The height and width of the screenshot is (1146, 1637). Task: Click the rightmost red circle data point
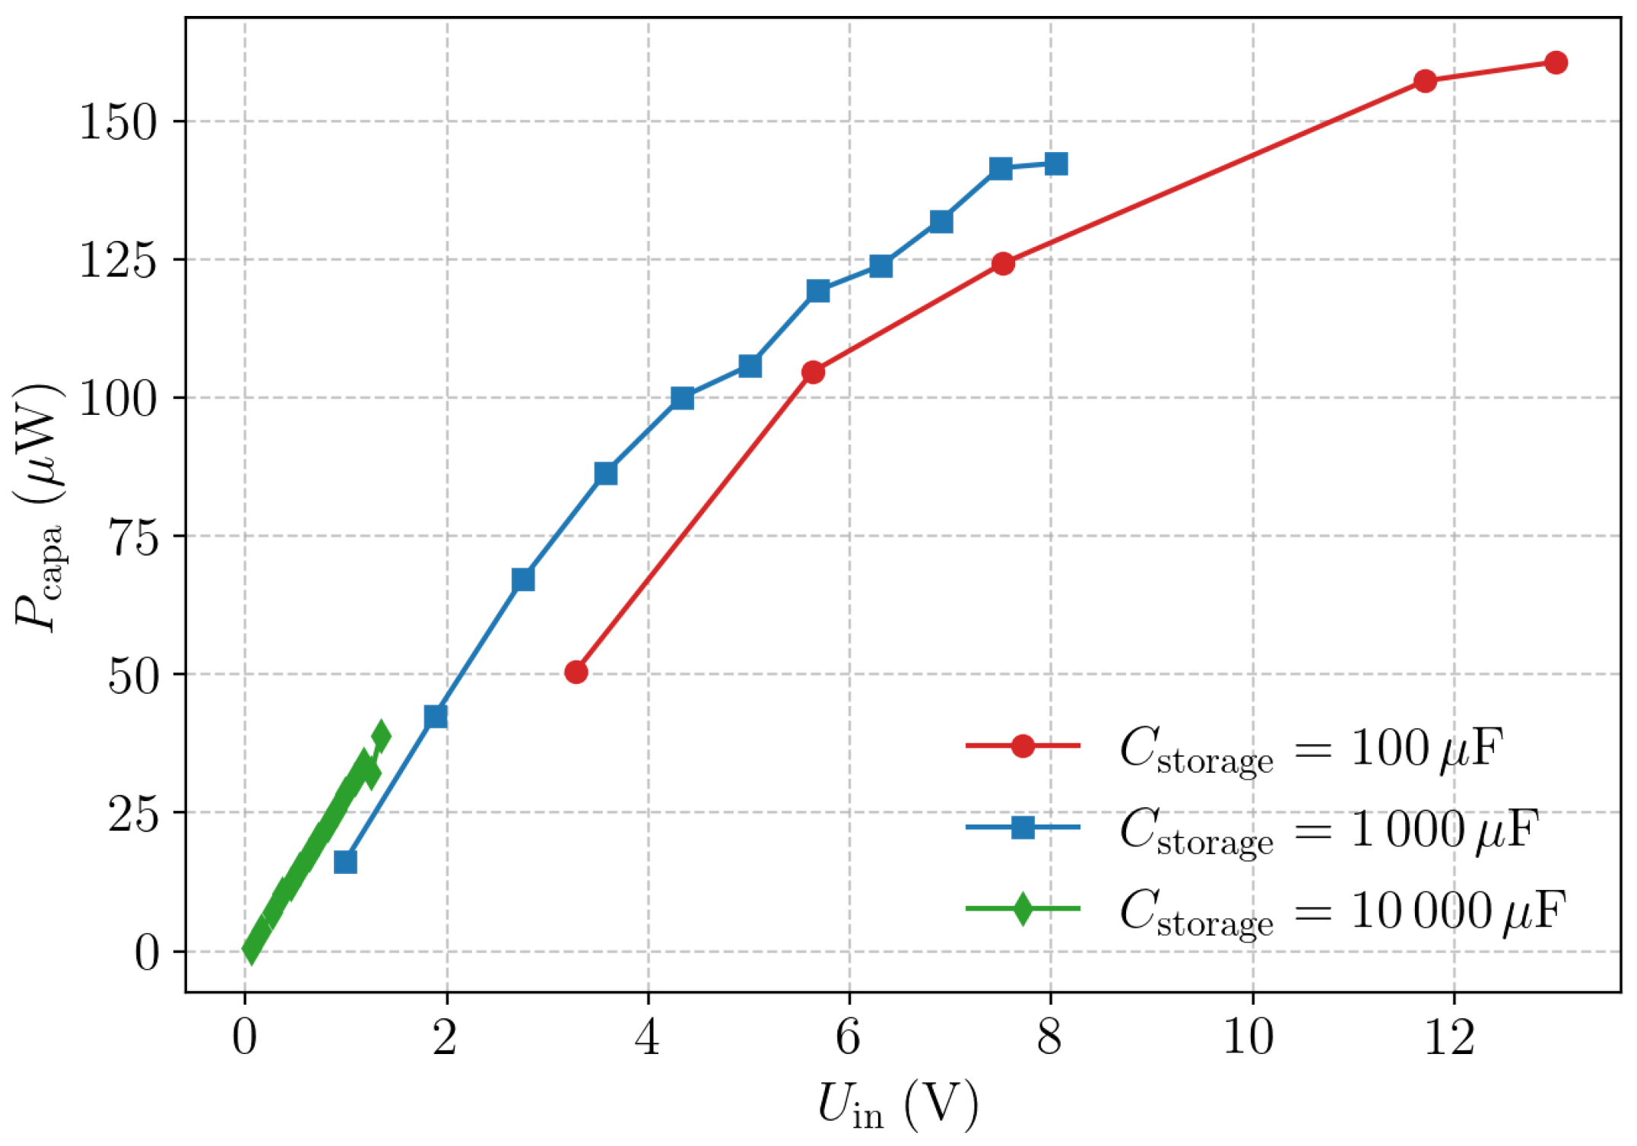(1556, 62)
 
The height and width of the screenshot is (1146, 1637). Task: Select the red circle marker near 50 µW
(576, 672)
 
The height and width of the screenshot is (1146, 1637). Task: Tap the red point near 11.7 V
(1425, 81)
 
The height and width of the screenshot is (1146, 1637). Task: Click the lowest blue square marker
(345, 862)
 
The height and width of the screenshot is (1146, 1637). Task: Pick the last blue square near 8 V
(1055, 163)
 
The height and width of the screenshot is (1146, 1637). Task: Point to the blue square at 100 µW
(682, 398)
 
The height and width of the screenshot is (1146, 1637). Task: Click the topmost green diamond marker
(381, 735)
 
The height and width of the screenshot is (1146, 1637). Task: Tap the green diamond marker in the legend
(1023, 909)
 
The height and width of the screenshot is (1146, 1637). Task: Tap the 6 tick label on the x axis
(849, 1037)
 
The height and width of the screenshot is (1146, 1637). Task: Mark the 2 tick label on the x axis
(445, 1037)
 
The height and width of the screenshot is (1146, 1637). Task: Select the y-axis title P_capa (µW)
(38, 508)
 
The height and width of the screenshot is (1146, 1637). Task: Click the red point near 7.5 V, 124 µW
(1003, 264)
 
